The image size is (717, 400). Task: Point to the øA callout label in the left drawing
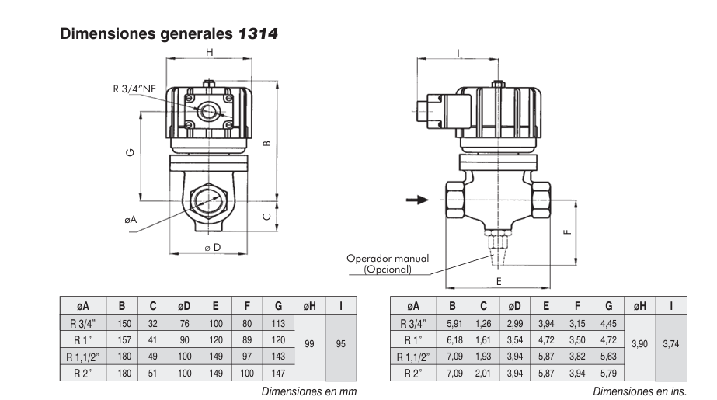[x=131, y=221]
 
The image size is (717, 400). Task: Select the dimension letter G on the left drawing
[x=129, y=151]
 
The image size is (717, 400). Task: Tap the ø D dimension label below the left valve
[x=213, y=248]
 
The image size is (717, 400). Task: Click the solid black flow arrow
[x=418, y=200]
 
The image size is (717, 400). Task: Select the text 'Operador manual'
[x=388, y=259]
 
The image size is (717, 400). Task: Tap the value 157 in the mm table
[x=125, y=340]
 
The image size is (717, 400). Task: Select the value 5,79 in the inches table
[x=608, y=373]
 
